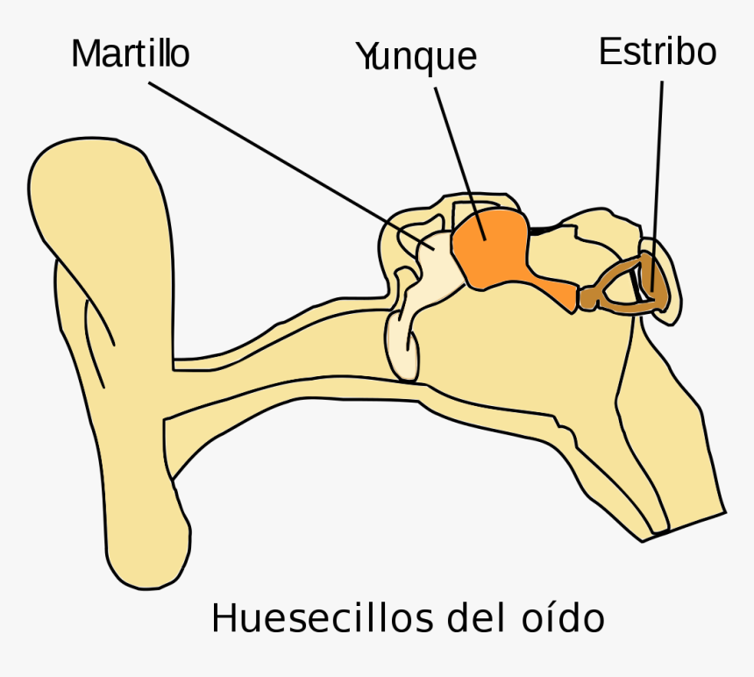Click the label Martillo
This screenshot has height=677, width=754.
(x=130, y=53)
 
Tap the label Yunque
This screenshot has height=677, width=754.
(x=416, y=56)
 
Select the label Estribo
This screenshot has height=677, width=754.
(x=658, y=52)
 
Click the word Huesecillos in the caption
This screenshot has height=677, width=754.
(x=317, y=617)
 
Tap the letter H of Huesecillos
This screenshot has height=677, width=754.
(x=224, y=617)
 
